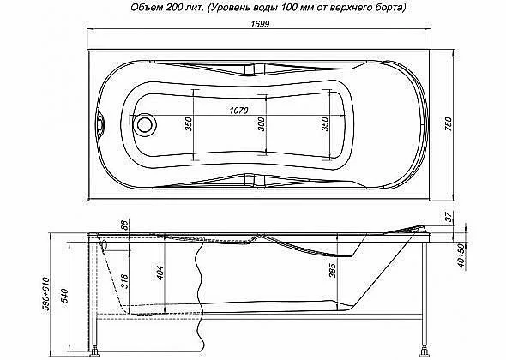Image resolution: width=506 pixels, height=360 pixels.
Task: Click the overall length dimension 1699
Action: [x=260, y=24]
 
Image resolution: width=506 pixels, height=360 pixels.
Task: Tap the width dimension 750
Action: [x=449, y=124]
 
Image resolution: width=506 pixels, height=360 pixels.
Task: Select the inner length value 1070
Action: [x=238, y=111]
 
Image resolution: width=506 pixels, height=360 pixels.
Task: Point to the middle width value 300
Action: [x=262, y=124]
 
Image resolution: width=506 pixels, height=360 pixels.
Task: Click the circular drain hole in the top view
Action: [x=145, y=124]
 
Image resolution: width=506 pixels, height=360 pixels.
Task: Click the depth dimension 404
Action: [x=160, y=273]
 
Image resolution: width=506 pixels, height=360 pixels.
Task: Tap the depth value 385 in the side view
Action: [x=333, y=271]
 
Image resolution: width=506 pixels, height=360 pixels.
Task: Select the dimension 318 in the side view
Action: [x=124, y=281]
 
